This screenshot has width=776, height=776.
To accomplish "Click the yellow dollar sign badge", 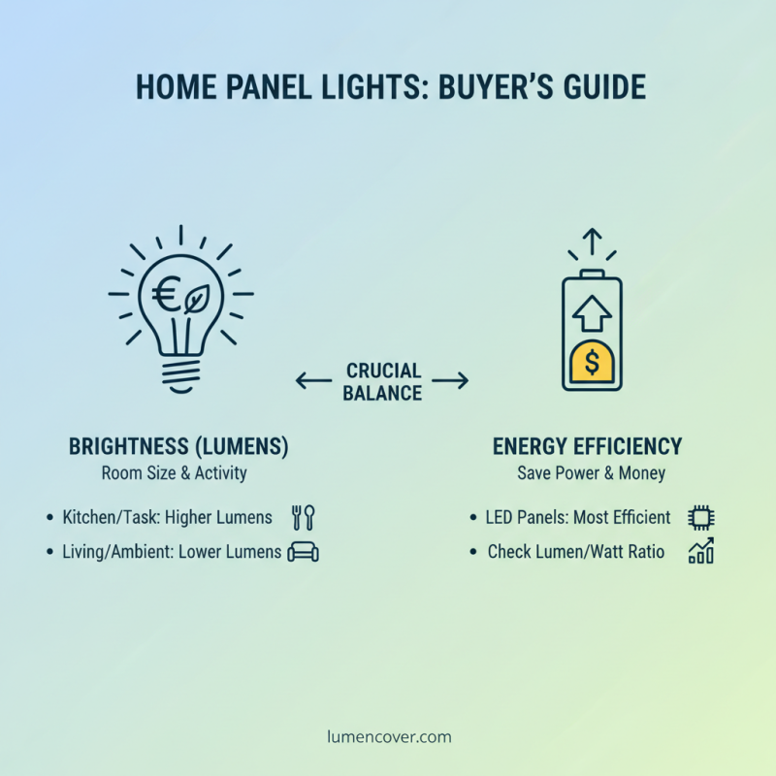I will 593,362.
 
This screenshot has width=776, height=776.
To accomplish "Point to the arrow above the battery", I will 593,242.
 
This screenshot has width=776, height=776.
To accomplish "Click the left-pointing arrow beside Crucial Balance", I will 313,381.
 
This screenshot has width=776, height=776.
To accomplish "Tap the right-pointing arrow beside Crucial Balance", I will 450,381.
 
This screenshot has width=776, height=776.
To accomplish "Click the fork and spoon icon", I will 304,517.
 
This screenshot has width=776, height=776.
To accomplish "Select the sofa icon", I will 303,552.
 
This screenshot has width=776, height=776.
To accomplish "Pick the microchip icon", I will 700,517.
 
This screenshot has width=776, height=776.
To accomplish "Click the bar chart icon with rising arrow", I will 700,551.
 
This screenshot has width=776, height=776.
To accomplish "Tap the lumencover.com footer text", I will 388,736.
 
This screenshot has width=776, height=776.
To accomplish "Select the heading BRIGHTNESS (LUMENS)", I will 178,447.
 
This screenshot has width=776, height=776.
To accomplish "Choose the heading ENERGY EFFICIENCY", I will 587,447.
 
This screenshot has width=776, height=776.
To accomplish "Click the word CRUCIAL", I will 383,372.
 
